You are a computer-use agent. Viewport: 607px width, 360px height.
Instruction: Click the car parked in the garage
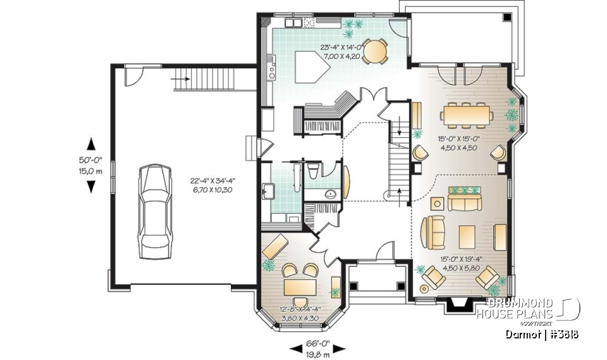[x=155, y=208]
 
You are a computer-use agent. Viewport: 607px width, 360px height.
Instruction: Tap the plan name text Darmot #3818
[x=543, y=334]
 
